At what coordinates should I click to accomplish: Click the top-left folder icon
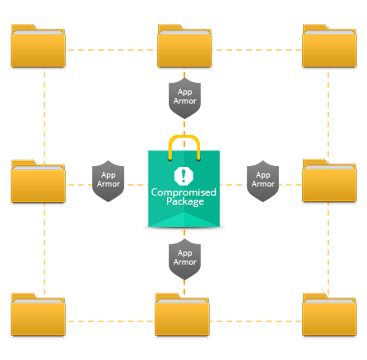click(x=38, y=45)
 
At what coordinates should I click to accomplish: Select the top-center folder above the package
click(x=184, y=45)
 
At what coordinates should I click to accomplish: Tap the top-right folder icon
click(x=329, y=45)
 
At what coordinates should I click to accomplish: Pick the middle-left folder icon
click(x=38, y=181)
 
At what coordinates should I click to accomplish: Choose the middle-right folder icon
click(x=329, y=181)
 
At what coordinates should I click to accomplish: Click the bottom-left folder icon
click(x=38, y=314)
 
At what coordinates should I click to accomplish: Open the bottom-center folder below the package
click(x=182, y=314)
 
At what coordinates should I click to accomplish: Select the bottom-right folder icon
click(x=329, y=314)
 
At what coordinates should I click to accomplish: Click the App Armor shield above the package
click(x=184, y=98)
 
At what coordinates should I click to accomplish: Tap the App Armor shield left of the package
click(x=108, y=181)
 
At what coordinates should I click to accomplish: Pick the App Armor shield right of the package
click(x=262, y=181)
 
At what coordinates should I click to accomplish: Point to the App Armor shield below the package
click(x=184, y=259)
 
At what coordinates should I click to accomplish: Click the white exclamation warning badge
click(x=183, y=176)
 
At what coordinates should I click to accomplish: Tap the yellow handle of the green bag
click(x=184, y=136)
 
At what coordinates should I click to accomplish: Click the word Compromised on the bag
click(x=183, y=192)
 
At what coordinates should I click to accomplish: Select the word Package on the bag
click(x=185, y=201)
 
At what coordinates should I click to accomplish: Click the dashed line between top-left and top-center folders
click(x=111, y=50)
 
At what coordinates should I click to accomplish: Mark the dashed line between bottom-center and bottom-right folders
click(x=256, y=321)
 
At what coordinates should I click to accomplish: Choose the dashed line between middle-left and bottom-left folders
click(x=44, y=249)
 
